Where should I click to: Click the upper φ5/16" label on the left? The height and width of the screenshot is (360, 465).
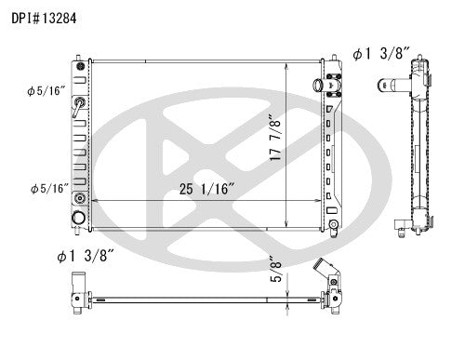click(45, 91)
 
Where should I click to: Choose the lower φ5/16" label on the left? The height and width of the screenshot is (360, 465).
click(45, 189)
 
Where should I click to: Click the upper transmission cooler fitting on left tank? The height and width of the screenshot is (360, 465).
click(81, 103)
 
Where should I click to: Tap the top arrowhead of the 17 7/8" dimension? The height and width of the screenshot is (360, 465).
click(288, 67)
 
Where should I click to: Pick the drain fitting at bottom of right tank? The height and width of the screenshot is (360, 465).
click(333, 224)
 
